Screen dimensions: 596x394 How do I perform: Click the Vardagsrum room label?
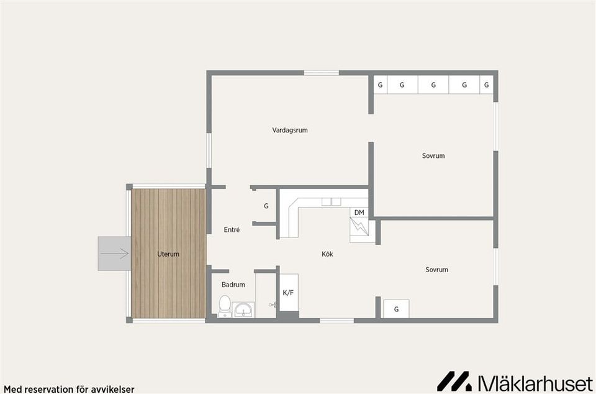click(x=290, y=130)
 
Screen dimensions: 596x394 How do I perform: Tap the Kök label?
click(x=327, y=254)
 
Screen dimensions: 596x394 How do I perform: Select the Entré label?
click(x=232, y=230)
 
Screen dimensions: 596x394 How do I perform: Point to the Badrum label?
click(x=233, y=285)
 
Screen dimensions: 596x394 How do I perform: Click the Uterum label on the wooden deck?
click(x=168, y=254)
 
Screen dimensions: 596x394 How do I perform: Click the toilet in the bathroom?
click(x=225, y=306)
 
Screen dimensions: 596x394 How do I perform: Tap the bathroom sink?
click(x=243, y=310)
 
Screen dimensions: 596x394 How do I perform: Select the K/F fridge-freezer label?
click(x=288, y=293)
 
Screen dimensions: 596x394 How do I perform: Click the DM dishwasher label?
click(x=359, y=213)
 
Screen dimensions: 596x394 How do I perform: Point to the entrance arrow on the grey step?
click(x=115, y=254)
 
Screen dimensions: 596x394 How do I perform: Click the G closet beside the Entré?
click(x=266, y=206)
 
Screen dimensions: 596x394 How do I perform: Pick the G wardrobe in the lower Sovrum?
click(x=396, y=309)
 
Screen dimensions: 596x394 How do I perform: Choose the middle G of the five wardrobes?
click(x=433, y=85)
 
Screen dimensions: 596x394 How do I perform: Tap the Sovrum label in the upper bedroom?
click(x=433, y=155)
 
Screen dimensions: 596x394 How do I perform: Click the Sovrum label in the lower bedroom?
click(x=436, y=270)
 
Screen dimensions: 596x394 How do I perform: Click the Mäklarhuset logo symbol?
click(x=454, y=381)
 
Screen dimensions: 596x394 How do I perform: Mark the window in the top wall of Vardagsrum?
click(x=321, y=73)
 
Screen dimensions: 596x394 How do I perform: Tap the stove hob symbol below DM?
click(x=359, y=227)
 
